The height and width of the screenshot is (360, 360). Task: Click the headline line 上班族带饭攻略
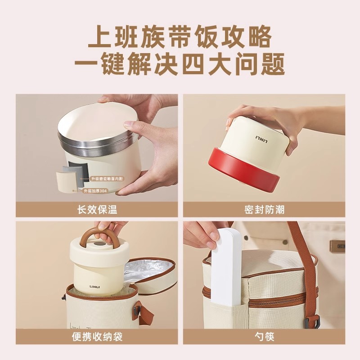click(x=180, y=37)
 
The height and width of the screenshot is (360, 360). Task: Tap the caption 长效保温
click(x=97, y=210)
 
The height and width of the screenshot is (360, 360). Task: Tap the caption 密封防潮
click(x=264, y=210)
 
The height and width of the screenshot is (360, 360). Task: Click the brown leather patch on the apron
click(x=337, y=245)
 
